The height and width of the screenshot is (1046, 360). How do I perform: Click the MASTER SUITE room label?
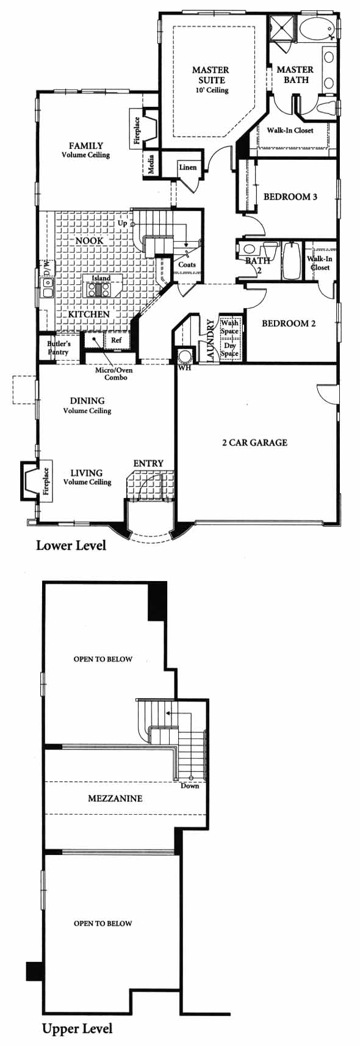[211, 75]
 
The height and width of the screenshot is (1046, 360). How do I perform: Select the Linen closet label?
[188, 167]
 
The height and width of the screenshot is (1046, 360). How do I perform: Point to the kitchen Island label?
[101, 278]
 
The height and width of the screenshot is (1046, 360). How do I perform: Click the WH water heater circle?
[185, 356]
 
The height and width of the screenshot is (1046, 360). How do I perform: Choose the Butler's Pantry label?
[59, 348]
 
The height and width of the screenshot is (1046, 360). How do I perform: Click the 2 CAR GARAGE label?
[254, 442]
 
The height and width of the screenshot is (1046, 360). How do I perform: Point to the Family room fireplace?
[144, 128]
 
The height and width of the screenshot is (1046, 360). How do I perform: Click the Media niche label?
[151, 164]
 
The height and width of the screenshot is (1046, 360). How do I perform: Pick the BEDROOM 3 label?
[290, 197]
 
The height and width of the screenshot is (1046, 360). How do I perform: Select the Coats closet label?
[187, 264]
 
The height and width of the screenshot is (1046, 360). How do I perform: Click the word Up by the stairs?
[122, 223]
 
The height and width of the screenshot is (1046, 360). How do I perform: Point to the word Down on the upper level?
[190, 785]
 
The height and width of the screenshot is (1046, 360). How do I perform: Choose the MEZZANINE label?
[115, 798]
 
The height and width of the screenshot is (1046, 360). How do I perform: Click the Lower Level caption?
[71, 545]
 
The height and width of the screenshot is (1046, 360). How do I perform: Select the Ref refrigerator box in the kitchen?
[117, 339]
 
